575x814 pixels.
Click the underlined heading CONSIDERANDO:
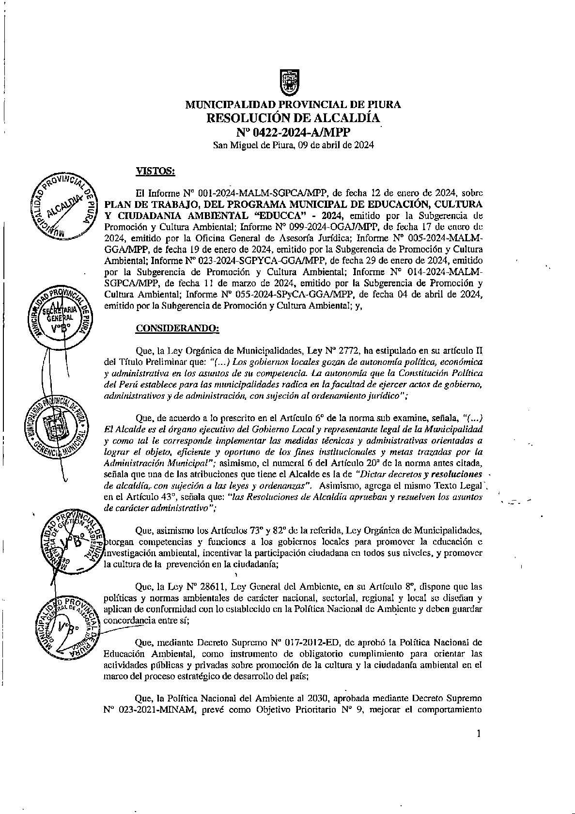[177, 329]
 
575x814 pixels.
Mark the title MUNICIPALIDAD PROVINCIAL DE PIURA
[293, 105]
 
